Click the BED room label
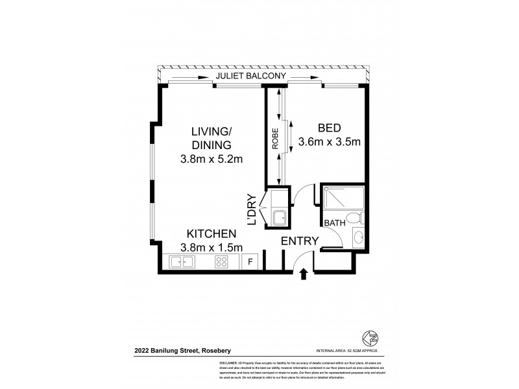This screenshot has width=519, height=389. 329,127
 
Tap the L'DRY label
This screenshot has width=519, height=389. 252,211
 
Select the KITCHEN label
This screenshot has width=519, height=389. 211,233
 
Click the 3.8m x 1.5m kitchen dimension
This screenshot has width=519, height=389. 211,247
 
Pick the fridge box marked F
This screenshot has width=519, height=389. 250,262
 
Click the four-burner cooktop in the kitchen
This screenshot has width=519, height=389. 221,262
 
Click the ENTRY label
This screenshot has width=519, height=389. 300,241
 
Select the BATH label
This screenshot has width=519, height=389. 334,223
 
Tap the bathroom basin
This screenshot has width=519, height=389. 359,238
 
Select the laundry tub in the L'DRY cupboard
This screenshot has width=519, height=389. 280,218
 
